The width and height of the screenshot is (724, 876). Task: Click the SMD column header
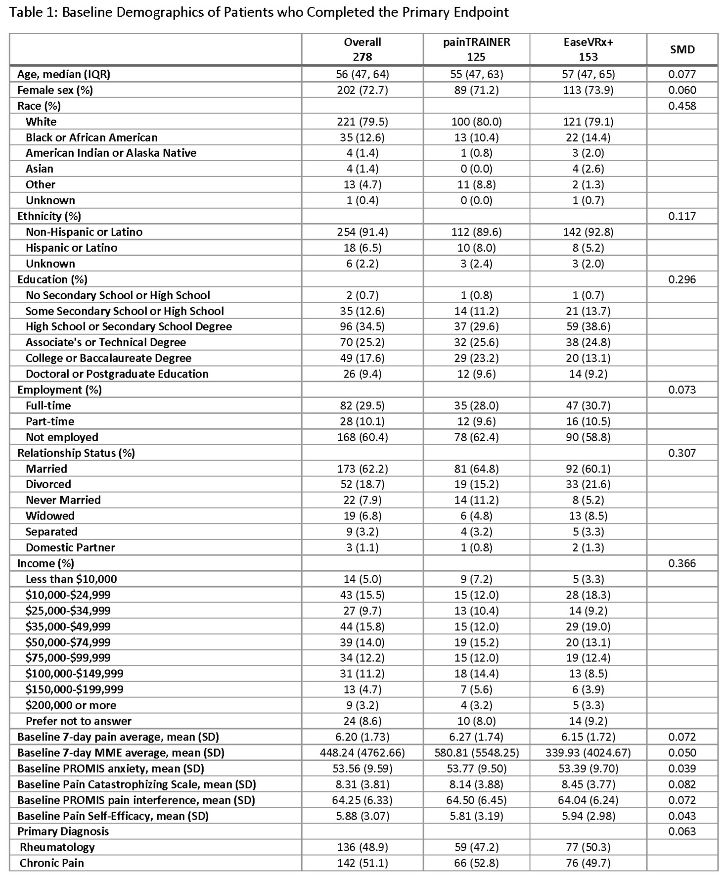(682, 49)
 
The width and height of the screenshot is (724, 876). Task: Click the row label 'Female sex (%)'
(55, 90)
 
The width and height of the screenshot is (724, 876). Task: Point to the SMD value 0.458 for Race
(682, 106)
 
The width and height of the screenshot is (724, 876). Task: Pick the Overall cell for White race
(362, 122)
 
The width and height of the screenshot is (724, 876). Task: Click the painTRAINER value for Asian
(476, 169)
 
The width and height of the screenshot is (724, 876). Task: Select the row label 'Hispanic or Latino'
(71, 248)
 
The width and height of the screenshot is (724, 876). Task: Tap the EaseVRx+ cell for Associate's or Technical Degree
(588, 342)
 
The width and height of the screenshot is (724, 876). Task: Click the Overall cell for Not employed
(362, 437)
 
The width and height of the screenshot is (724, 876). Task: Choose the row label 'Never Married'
(63, 500)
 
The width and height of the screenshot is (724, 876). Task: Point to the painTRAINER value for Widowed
(476, 516)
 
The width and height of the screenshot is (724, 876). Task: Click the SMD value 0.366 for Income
(682, 563)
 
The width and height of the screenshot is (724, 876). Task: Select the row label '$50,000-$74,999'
(68, 643)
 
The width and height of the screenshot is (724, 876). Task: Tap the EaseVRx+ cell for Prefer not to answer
(588, 721)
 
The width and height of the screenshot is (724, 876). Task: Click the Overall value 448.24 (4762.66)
(362, 753)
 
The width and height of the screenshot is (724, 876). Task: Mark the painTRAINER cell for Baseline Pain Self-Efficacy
(476, 816)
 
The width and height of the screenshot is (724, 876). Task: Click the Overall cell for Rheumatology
(362, 847)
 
